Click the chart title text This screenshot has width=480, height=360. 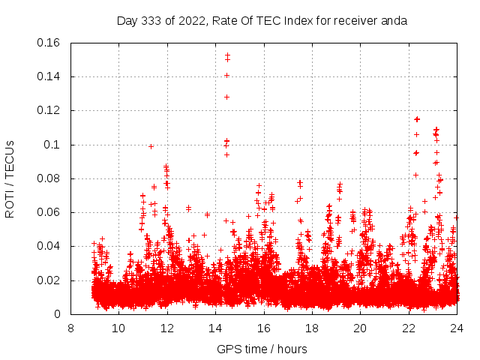pos(262,20)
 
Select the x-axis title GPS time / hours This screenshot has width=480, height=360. pos(262,349)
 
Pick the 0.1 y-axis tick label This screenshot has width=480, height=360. pos(52,145)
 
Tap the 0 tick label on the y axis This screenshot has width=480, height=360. pos(58,315)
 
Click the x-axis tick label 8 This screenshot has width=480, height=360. pos(70,328)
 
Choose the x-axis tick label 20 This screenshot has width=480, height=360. pos(361,328)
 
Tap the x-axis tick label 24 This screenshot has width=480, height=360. pos(457,328)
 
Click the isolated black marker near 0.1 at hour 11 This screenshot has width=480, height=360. pos(151,146)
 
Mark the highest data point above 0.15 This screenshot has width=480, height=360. pos(227,55)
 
